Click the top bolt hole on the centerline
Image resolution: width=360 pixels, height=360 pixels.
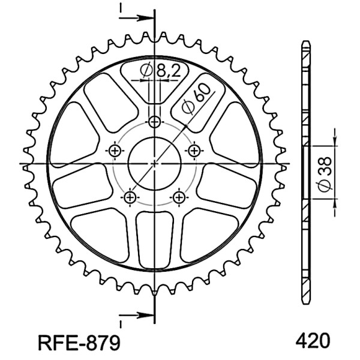[x=155, y=122]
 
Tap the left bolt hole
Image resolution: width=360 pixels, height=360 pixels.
[x=115, y=151]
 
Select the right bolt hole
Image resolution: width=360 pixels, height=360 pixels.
[x=194, y=151]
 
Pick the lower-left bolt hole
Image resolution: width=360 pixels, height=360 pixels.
[x=130, y=197]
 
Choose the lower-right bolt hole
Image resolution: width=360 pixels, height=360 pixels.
[x=179, y=197]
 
